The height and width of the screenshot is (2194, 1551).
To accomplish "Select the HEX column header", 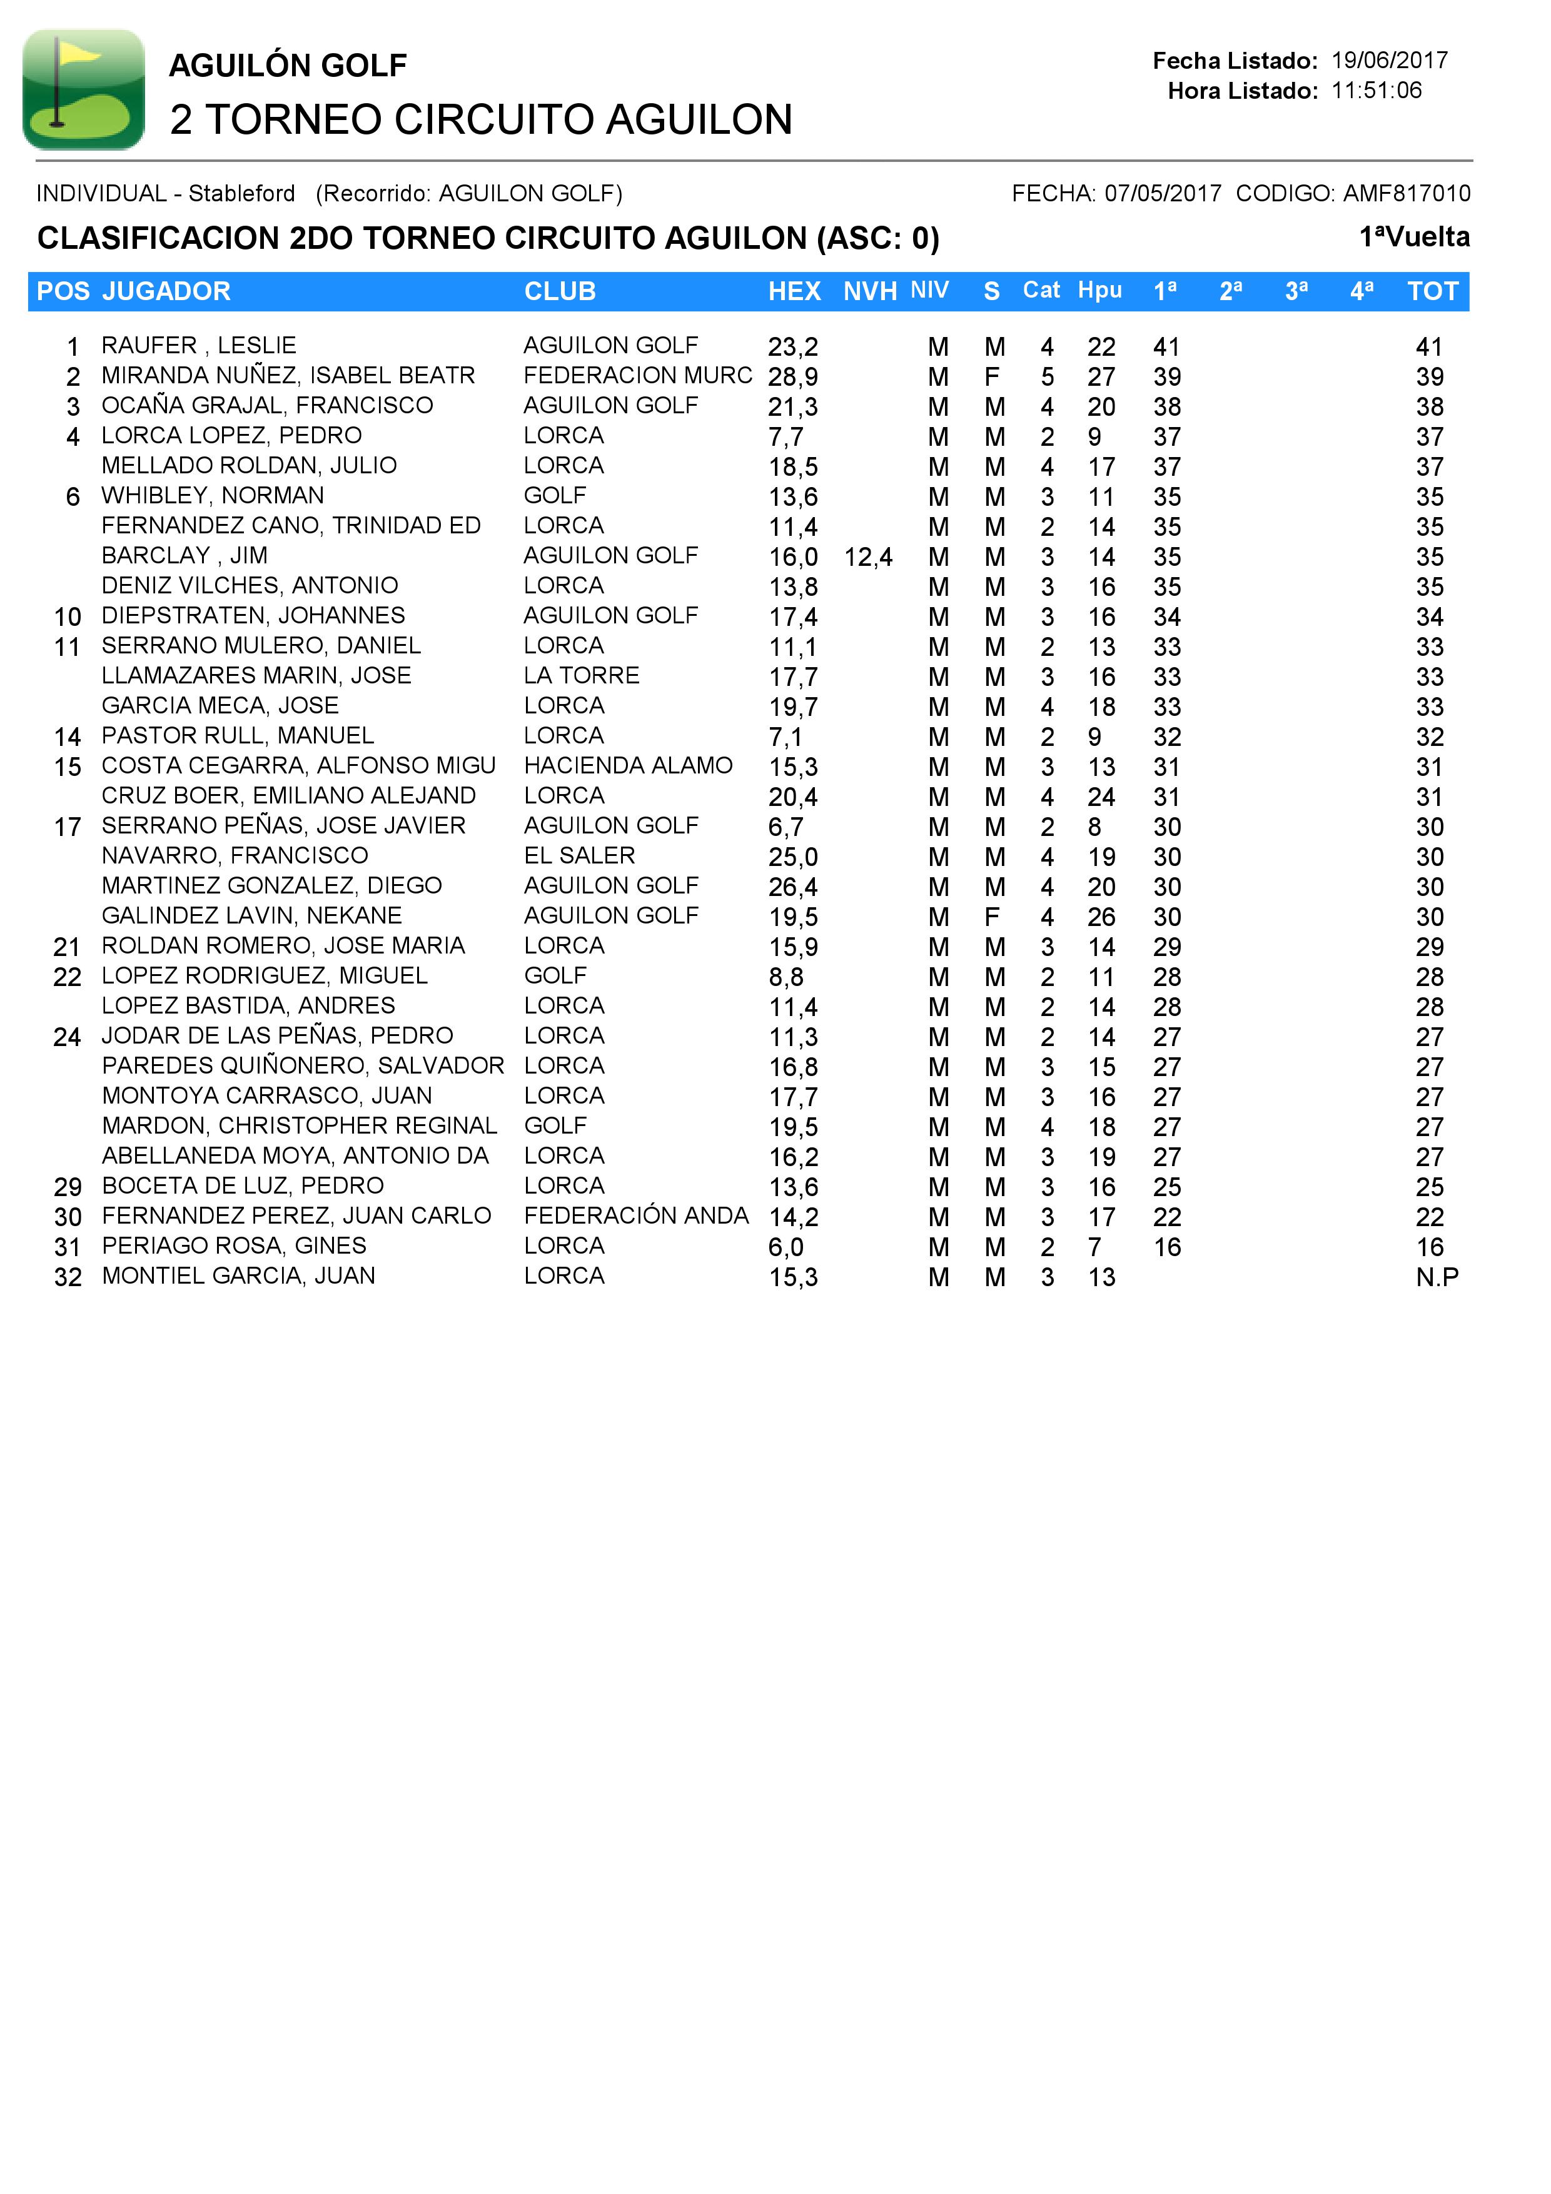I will tap(794, 291).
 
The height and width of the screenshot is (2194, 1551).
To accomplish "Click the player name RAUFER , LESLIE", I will tap(199, 345).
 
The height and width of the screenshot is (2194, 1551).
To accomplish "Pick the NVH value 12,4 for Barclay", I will tap(867, 557).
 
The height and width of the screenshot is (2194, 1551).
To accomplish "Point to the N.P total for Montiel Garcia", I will tap(1437, 1277).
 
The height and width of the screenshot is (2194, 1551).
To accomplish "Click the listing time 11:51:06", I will tap(1376, 91).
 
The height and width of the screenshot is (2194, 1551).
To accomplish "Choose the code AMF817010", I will tap(1407, 194).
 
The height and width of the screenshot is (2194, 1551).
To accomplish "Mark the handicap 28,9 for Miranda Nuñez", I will tap(792, 376).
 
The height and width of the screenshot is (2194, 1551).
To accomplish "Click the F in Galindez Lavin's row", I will tap(992, 917).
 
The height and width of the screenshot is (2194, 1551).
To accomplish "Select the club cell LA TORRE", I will tap(581, 676).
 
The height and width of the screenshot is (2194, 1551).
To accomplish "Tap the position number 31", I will tap(67, 1247).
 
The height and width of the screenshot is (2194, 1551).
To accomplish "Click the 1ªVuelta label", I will tap(1413, 237).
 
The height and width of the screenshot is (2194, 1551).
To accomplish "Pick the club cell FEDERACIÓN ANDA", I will tap(635, 1215).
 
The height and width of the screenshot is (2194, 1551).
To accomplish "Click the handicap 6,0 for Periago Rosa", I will tap(786, 1247).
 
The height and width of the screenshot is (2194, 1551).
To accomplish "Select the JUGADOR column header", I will tap(166, 291).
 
